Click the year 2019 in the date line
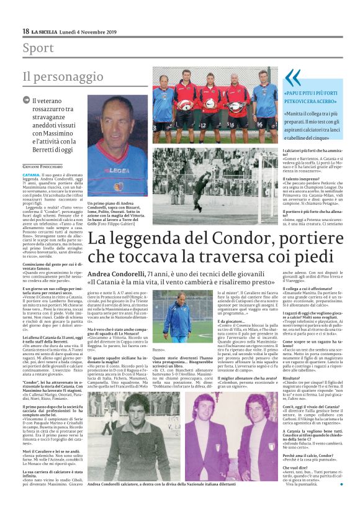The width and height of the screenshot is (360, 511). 109,31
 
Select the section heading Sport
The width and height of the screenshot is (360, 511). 38,48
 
